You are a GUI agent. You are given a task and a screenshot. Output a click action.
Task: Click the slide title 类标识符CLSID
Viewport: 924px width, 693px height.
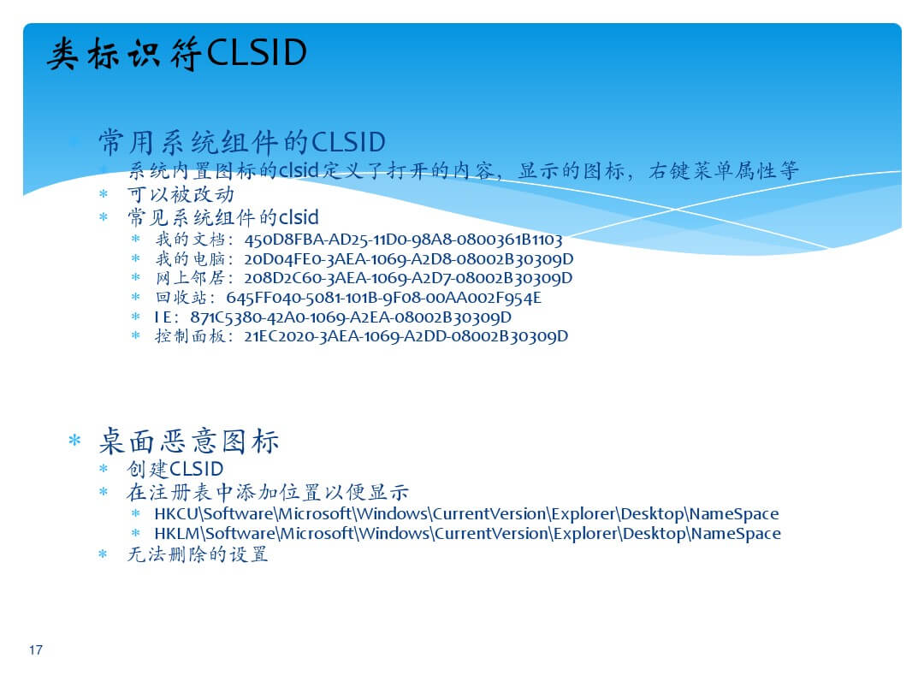coord(177,53)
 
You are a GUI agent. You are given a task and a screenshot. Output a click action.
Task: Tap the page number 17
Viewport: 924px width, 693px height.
coord(36,649)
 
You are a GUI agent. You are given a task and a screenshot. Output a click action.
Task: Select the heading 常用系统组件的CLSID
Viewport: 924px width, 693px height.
coord(241,142)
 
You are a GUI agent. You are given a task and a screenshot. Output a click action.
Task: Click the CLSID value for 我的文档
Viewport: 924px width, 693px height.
coord(404,240)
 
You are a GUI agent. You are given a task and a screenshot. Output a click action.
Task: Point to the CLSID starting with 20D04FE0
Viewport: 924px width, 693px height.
coord(409,259)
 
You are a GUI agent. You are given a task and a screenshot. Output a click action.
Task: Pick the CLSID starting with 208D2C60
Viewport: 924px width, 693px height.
coord(408,278)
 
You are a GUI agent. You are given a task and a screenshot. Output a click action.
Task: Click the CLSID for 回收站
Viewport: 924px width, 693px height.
coord(383,298)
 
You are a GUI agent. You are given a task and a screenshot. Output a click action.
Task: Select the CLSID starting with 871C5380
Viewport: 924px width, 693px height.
coord(351,317)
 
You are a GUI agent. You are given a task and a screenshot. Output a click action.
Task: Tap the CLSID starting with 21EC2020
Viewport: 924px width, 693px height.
coord(406,336)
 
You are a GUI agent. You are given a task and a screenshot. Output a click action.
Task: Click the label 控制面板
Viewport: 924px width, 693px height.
coord(190,336)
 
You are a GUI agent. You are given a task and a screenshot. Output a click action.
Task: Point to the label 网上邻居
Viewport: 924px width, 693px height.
coord(190,278)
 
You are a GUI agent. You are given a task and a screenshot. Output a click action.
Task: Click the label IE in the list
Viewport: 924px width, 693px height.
coord(163,317)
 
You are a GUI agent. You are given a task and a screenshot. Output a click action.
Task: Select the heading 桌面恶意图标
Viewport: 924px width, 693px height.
coord(188,441)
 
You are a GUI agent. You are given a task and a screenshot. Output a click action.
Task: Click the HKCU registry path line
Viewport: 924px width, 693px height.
coord(467,514)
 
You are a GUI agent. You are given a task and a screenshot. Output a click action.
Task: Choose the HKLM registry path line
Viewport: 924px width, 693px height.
coord(468,534)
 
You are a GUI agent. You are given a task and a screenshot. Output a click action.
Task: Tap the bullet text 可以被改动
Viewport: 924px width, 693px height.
coord(181,194)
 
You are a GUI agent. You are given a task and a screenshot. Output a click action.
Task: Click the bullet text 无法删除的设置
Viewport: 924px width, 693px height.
coord(198,554)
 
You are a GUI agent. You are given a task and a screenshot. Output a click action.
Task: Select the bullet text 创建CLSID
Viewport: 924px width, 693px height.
coord(175,469)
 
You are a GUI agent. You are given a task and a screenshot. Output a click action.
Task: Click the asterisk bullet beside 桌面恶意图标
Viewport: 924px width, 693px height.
coord(74,441)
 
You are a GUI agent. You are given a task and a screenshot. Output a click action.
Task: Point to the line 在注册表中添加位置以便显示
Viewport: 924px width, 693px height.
coord(268,492)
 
